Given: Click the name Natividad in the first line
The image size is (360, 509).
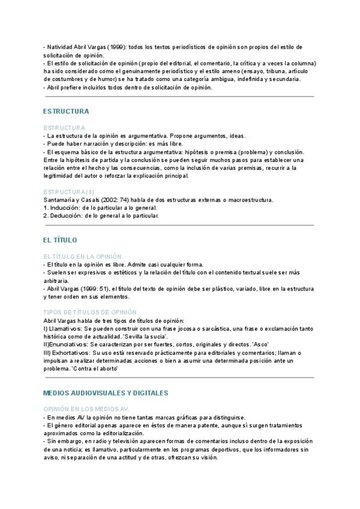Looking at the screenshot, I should coord(61,47).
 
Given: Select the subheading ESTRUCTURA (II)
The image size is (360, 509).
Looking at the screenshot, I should coord(68,192).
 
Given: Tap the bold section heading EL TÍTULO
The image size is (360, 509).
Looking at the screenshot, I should coord(60,240).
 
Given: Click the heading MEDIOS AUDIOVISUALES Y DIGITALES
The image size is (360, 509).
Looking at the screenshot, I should coord(106,393).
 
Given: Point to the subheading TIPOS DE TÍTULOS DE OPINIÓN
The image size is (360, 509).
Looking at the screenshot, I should coord(90,312).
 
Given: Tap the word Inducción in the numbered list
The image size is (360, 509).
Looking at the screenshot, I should coord(67,208).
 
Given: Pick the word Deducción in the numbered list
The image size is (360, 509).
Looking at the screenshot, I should coord(68,215).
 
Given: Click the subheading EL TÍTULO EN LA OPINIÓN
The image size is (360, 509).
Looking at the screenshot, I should coord(82,256).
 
